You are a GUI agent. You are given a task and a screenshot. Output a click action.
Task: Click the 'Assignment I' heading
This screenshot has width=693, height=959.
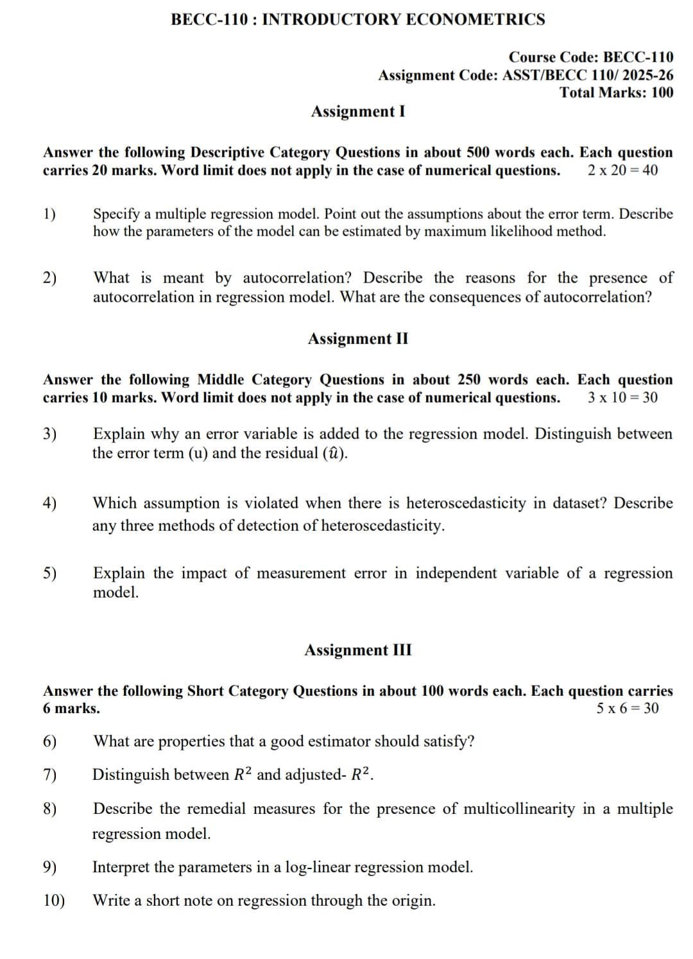tap(357, 112)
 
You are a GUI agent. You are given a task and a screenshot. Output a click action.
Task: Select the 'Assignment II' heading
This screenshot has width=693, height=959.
tap(357, 339)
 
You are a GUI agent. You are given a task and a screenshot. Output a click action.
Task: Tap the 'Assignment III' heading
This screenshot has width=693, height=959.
tap(358, 650)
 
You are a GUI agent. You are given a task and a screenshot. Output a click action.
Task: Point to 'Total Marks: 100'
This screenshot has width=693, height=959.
tap(617, 92)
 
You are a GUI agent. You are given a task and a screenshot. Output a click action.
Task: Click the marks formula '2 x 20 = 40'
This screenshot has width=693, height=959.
tap(622, 171)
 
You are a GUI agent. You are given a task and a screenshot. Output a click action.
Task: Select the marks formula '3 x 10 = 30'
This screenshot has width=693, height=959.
tap(622, 398)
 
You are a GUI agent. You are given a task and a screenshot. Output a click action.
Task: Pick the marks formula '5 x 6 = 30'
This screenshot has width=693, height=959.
tap(627, 709)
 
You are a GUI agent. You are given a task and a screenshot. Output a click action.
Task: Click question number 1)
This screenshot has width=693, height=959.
tap(49, 214)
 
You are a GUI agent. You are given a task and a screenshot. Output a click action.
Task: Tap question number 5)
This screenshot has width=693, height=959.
tap(49, 573)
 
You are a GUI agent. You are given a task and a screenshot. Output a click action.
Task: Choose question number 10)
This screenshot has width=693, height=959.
tap(54, 901)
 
